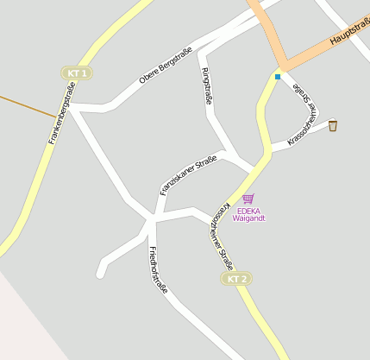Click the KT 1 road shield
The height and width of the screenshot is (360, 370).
[77, 73]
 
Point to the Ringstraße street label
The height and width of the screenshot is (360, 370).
[207, 87]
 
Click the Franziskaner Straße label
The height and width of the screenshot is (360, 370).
[188, 174]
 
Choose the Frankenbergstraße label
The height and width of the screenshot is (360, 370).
[62, 112]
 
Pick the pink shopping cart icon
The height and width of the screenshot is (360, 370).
[248, 199]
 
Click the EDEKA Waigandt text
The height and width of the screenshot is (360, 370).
[248, 214]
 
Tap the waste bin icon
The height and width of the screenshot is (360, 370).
[333, 126]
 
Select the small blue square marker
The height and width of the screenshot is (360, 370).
[278, 77]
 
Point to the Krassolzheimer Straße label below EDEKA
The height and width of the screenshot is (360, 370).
[223, 237]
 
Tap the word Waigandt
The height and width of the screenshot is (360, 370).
[248, 218]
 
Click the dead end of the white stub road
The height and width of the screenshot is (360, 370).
[100, 273]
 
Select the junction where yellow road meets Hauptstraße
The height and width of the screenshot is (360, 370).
[279, 66]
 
